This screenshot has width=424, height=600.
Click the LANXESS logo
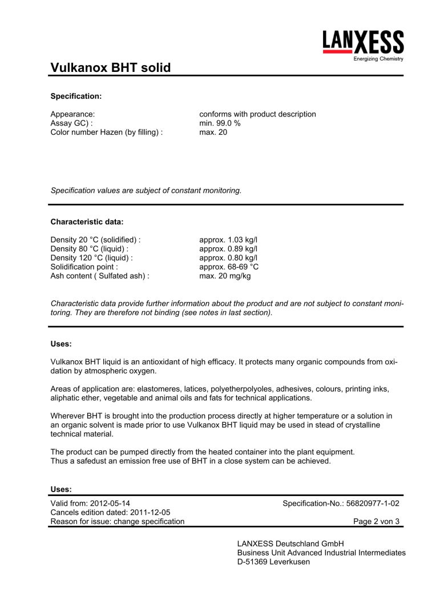coord(363,45)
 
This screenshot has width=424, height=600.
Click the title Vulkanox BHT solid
coord(110,68)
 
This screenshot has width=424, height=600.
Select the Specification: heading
coord(76,95)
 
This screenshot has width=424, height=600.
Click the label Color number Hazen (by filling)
coord(106,132)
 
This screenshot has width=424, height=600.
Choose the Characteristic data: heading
coord(87,221)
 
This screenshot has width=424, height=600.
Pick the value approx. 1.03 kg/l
coord(228,240)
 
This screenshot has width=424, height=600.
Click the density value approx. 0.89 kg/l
coord(228,249)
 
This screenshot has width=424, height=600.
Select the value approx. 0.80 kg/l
coord(228,258)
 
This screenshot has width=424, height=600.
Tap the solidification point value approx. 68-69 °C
coord(229,267)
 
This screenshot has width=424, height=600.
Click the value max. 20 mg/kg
coord(225,276)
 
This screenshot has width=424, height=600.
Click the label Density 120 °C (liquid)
coord(91,258)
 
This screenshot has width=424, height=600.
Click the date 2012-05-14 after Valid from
coord(110,503)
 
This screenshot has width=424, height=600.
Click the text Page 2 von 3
coord(377,521)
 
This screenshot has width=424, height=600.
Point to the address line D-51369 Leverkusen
coord(273,562)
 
